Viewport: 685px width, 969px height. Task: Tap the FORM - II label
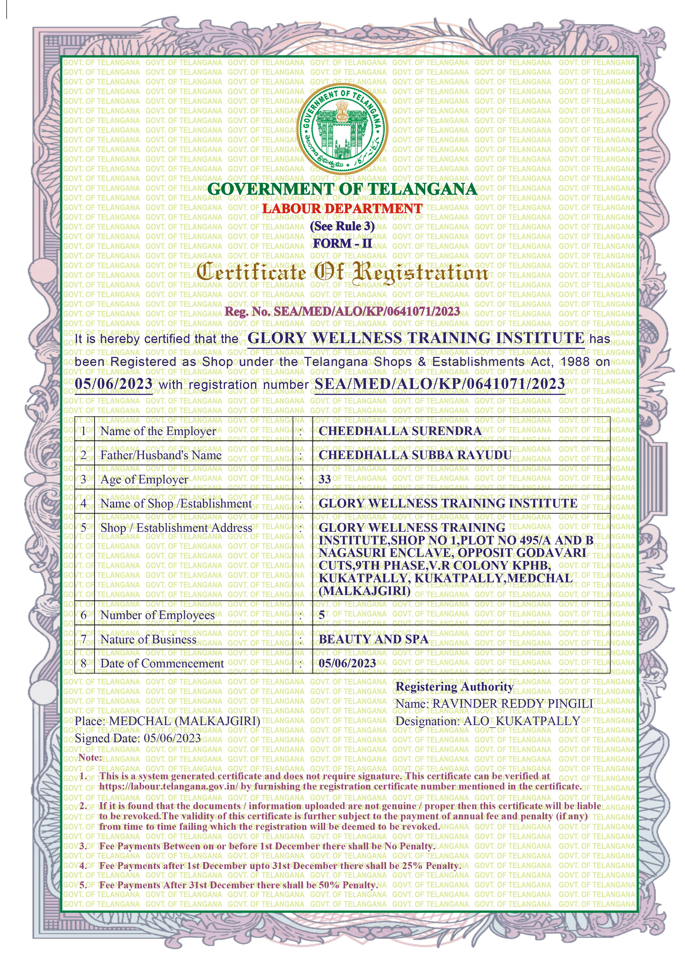click(342, 244)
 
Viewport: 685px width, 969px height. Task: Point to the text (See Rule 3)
click(342, 226)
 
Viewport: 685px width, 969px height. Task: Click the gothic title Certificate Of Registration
click(342, 272)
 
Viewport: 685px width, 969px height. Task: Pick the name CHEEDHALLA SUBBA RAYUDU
click(415, 455)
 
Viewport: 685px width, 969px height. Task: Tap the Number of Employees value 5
click(322, 615)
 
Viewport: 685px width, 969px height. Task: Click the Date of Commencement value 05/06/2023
click(347, 663)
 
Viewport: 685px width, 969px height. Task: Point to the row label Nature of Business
click(149, 639)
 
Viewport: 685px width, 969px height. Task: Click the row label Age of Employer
click(144, 480)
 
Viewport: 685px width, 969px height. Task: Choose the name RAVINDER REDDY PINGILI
click(513, 704)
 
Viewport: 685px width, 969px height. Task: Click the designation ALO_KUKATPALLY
click(522, 721)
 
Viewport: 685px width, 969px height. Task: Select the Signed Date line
click(138, 738)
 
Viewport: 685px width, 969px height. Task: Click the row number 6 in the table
click(83, 615)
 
